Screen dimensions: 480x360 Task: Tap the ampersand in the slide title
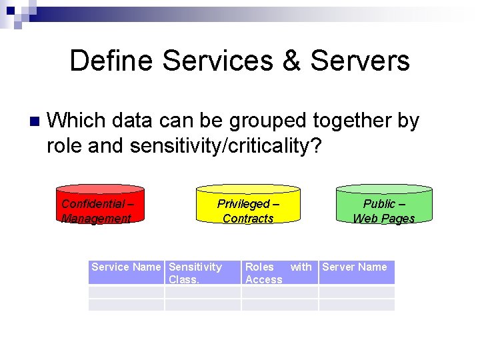pyautogui.click(x=291, y=61)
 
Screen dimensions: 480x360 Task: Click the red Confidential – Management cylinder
pyautogui.click(x=100, y=204)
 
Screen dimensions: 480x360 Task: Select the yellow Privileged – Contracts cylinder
pyautogui.click(x=248, y=204)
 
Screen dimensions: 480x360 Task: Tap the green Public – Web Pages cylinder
pyautogui.click(x=383, y=204)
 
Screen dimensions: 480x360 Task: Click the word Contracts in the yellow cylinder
pyautogui.click(x=248, y=219)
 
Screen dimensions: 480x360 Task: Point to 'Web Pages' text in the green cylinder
pyautogui.click(x=383, y=219)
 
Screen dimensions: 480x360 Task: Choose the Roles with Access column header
pyautogui.click(x=279, y=272)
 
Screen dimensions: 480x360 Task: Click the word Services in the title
pyautogui.click(x=217, y=61)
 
